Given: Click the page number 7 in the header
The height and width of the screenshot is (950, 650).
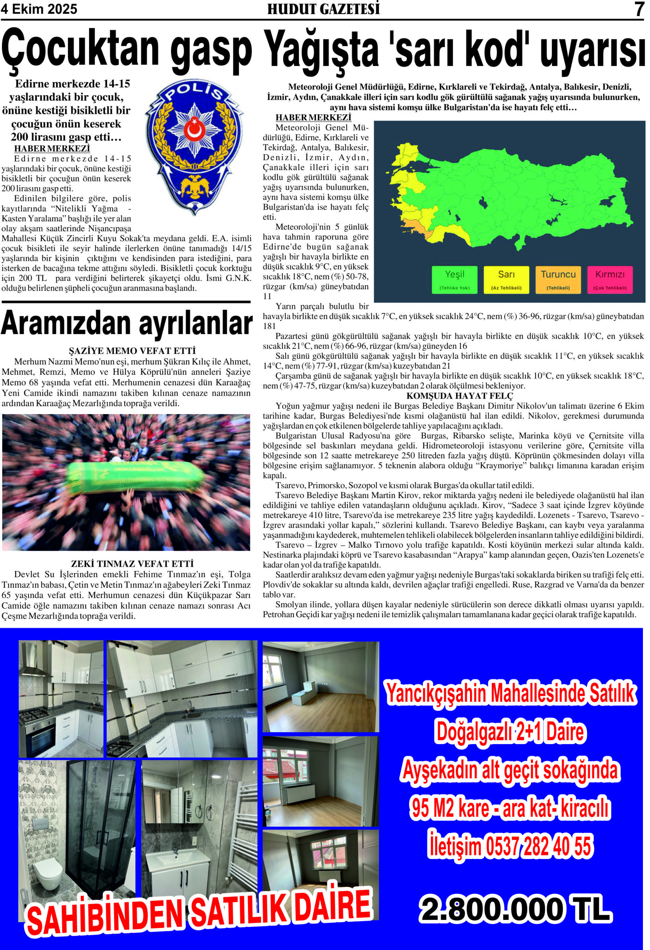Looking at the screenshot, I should [639, 9].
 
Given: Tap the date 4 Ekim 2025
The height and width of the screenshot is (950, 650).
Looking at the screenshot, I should [39, 9].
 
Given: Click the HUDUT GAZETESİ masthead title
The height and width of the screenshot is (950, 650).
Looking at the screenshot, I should [323, 9].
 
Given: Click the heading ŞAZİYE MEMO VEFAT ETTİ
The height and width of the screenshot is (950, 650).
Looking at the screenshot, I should [132, 351].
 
